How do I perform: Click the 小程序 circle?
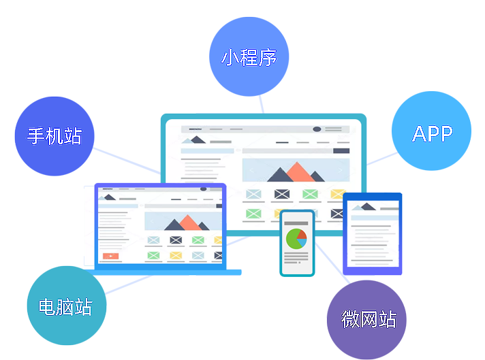[249, 56]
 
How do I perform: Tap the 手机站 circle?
[54, 136]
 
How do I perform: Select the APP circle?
[431, 131]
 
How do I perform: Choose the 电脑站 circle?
[67, 306]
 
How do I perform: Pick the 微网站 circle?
[366, 320]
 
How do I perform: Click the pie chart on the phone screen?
[296, 239]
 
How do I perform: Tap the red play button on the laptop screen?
[111, 256]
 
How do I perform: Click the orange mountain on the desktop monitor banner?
[298, 172]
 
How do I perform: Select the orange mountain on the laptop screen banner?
[189, 223]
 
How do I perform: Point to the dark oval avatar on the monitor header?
[317, 129]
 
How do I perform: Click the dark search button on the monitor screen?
[341, 151]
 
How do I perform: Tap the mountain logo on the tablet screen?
[364, 207]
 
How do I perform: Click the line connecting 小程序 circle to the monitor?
[262, 104]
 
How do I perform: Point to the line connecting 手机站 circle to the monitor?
[127, 161]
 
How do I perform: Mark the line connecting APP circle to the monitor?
[382, 159]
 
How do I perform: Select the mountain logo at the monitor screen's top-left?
[193, 140]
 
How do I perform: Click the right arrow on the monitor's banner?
[341, 170]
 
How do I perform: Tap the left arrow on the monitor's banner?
[251, 170]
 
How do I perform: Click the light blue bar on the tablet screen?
[375, 218]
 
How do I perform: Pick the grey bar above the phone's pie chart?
[296, 223]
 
